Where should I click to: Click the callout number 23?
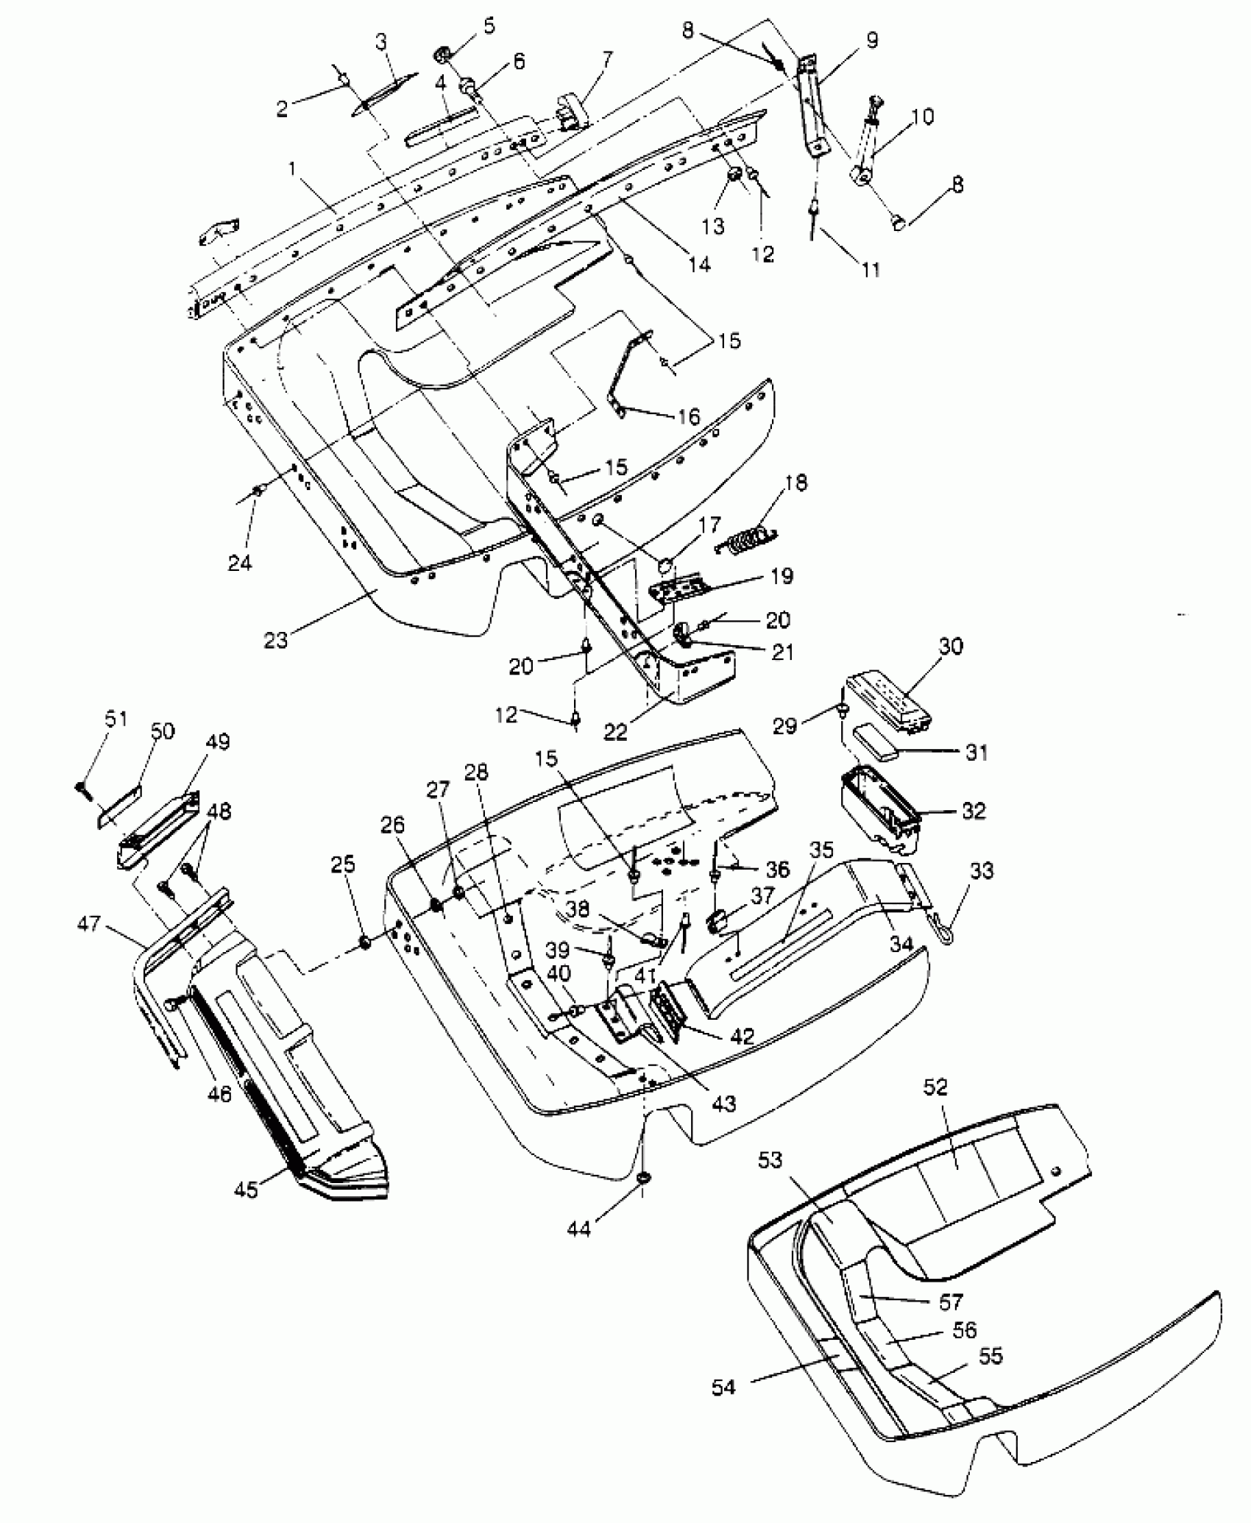click(x=277, y=640)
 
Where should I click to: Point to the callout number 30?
click(x=951, y=646)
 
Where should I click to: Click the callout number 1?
click(x=293, y=170)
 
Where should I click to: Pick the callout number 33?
click(x=982, y=870)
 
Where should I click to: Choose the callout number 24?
click(x=240, y=563)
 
